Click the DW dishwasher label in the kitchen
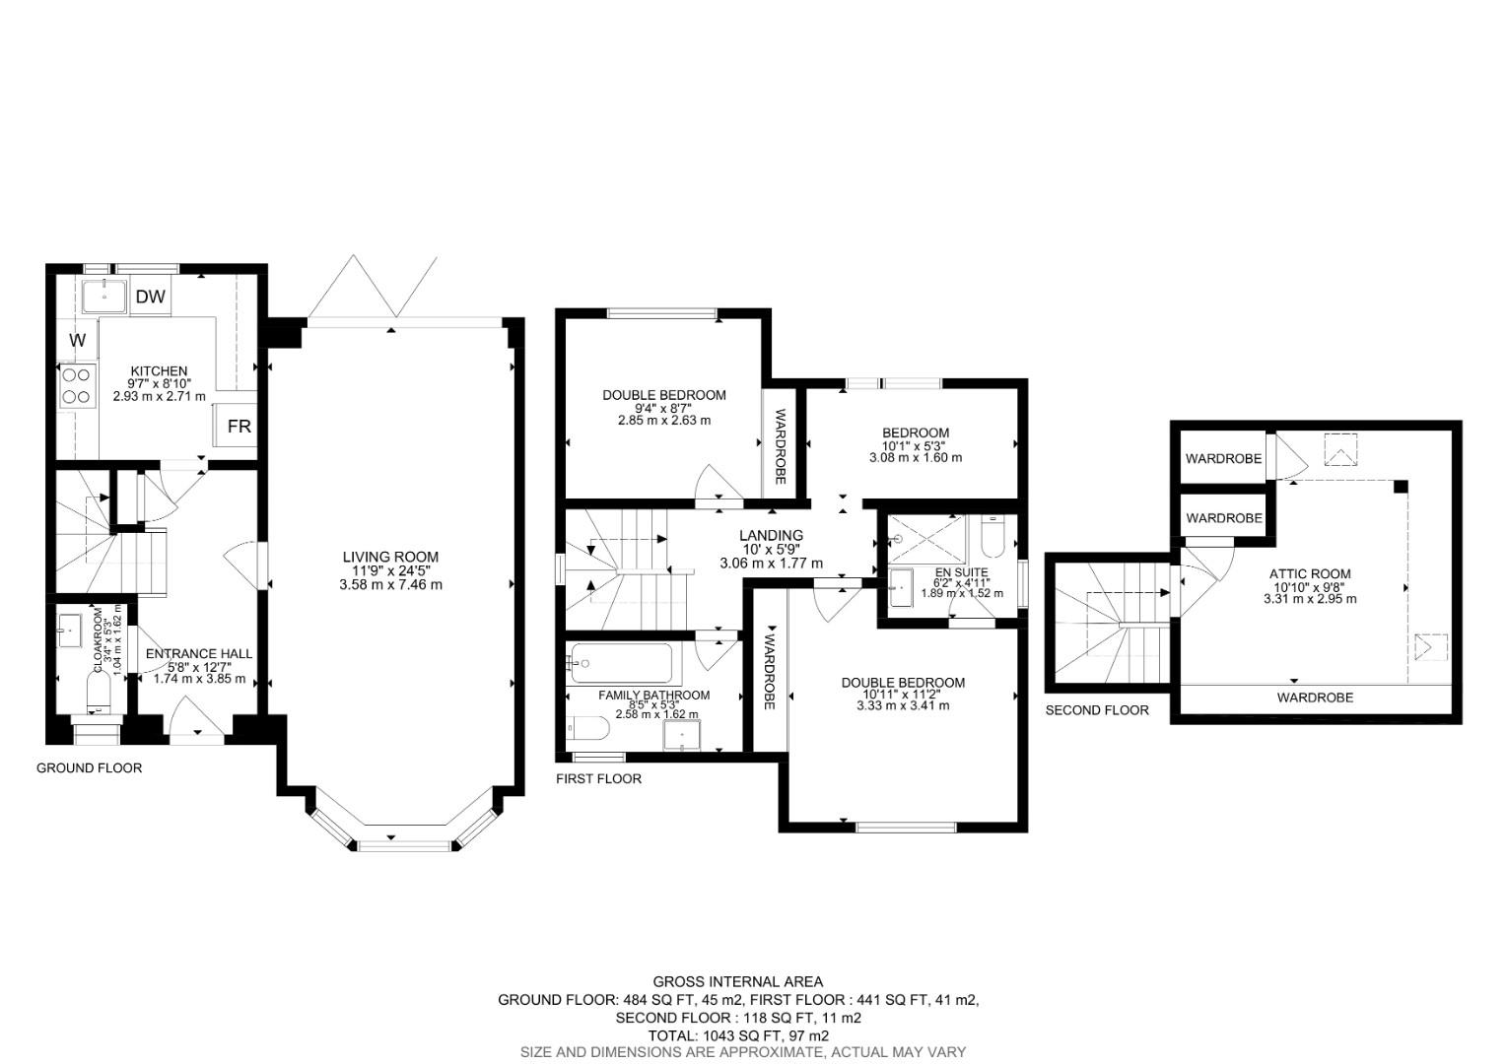pos(151,297)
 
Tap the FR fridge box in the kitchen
pos(239,427)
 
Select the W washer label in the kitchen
pos(78,341)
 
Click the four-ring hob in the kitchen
pos(77,385)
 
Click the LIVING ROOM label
pos(389,557)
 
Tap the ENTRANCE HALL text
pos(198,653)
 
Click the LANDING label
pos(771,535)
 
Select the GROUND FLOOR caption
pos(89,767)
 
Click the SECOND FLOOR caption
pos(1096,709)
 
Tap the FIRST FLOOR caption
pos(598,778)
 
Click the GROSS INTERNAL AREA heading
pos(737,981)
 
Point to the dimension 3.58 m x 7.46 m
pos(389,584)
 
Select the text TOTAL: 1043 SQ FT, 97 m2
pos(737,1035)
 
